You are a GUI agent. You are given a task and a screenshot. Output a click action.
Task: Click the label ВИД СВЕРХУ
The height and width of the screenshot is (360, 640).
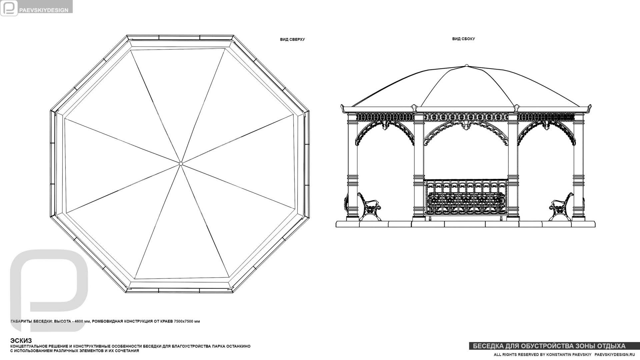(292, 39)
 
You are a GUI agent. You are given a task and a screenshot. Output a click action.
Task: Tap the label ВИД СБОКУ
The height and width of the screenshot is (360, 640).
(463, 39)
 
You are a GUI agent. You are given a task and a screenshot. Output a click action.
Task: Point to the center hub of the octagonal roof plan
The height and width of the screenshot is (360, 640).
(181, 163)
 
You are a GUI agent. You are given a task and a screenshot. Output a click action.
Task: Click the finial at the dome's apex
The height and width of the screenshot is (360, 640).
(466, 65)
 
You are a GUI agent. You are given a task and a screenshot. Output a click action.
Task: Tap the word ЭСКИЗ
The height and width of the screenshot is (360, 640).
(21, 341)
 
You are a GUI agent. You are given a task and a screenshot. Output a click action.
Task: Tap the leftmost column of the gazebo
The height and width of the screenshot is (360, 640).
(352, 167)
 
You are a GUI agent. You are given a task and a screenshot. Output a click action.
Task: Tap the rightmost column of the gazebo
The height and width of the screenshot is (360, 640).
(578, 167)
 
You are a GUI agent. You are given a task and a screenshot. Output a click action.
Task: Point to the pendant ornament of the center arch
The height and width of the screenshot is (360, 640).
(466, 126)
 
